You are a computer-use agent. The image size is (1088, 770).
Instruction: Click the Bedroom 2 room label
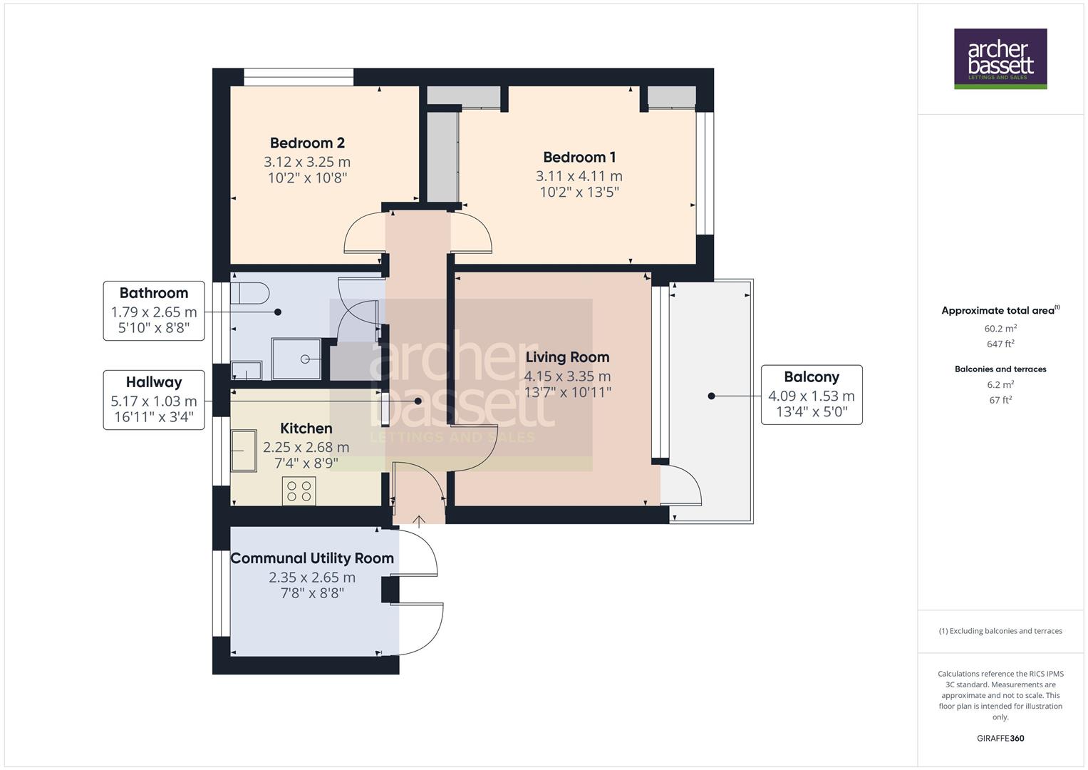(x=307, y=143)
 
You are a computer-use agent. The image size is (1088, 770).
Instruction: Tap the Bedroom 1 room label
(x=579, y=158)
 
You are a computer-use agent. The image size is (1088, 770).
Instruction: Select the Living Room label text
(x=567, y=357)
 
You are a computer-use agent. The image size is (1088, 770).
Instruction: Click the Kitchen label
(x=306, y=428)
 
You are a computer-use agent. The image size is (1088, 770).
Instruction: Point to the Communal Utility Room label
(x=312, y=558)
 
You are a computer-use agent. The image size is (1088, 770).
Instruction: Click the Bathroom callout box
(x=154, y=311)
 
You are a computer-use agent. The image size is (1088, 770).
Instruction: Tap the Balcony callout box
(x=812, y=395)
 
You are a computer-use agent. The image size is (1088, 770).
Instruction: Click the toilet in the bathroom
(x=251, y=294)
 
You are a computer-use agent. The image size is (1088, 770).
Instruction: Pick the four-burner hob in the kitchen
(x=299, y=491)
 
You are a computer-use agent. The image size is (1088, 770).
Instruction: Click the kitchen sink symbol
(x=244, y=451)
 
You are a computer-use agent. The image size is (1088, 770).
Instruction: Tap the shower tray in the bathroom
(x=296, y=359)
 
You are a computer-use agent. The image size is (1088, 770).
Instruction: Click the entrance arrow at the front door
(x=419, y=520)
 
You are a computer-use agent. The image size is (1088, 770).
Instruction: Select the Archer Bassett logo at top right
(x=1000, y=58)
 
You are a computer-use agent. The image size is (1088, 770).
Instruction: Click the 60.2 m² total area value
(x=1000, y=329)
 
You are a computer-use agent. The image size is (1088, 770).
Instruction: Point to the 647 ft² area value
(x=1000, y=344)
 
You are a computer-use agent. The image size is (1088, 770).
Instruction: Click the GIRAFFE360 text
(x=1000, y=738)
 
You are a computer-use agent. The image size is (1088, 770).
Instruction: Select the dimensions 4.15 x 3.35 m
(x=567, y=376)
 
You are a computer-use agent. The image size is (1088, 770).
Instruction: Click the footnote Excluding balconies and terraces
(x=1000, y=631)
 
